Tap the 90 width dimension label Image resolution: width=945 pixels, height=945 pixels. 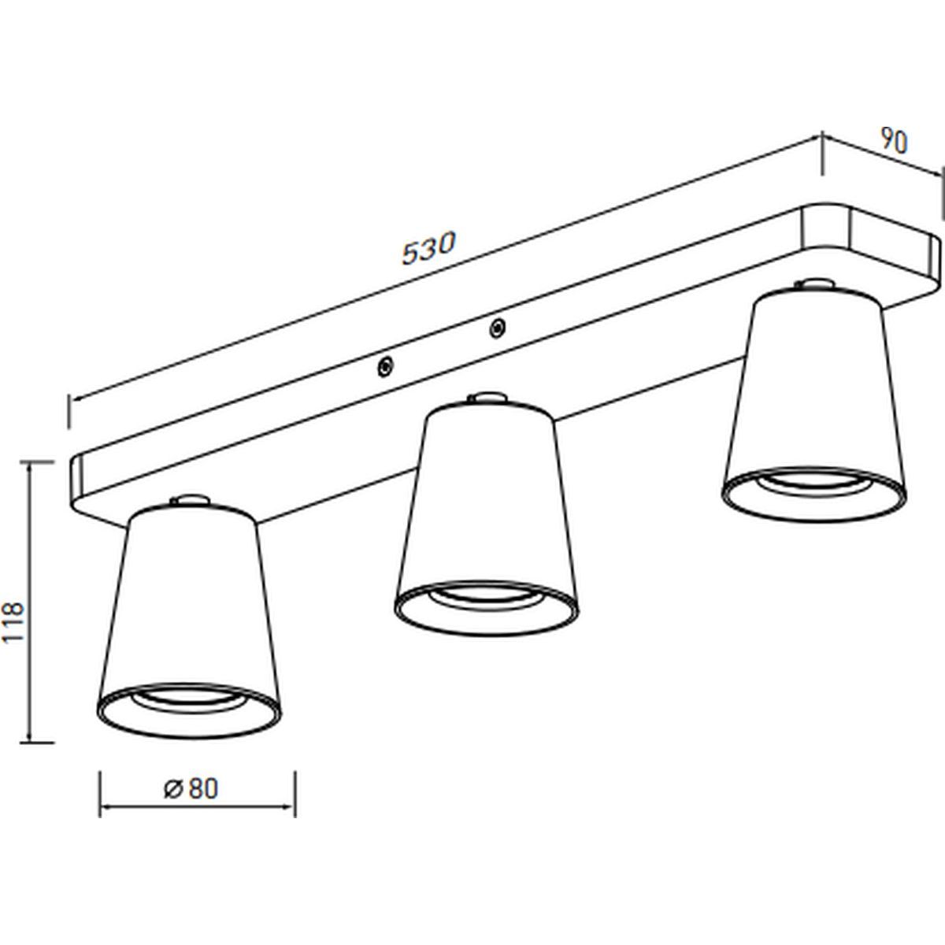[x=894, y=141]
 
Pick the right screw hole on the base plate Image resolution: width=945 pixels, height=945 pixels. [x=497, y=328]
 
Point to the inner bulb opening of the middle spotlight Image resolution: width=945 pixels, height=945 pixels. [x=486, y=599]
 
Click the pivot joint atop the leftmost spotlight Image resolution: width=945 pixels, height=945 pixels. [x=189, y=500]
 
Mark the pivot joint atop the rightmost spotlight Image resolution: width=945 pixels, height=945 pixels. [x=814, y=285]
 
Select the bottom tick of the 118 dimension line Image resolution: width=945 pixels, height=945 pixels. [x=37, y=743]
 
